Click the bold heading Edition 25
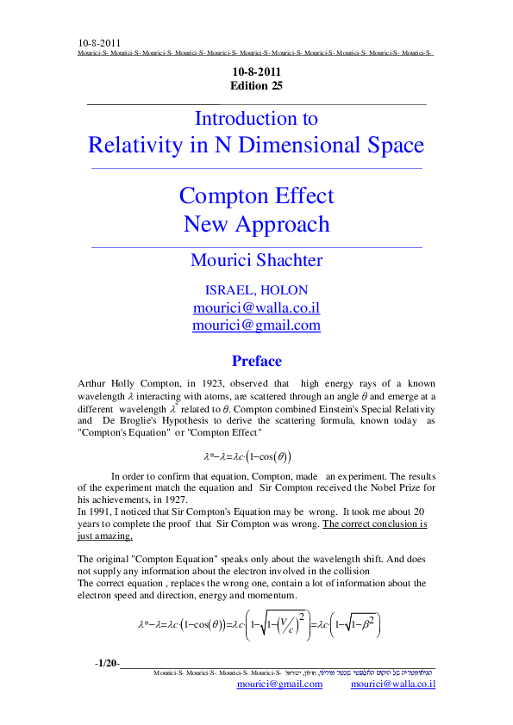pyautogui.click(x=256, y=86)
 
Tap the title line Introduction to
pyautogui.click(x=256, y=119)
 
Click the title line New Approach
pyautogui.click(x=256, y=224)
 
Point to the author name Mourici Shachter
pyautogui.click(x=256, y=260)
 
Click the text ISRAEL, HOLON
pyautogui.click(x=256, y=290)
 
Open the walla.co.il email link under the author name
pyautogui.click(x=256, y=307)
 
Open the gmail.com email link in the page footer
pyautogui.click(x=281, y=685)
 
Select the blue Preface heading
pyautogui.click(x=256, y=361)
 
